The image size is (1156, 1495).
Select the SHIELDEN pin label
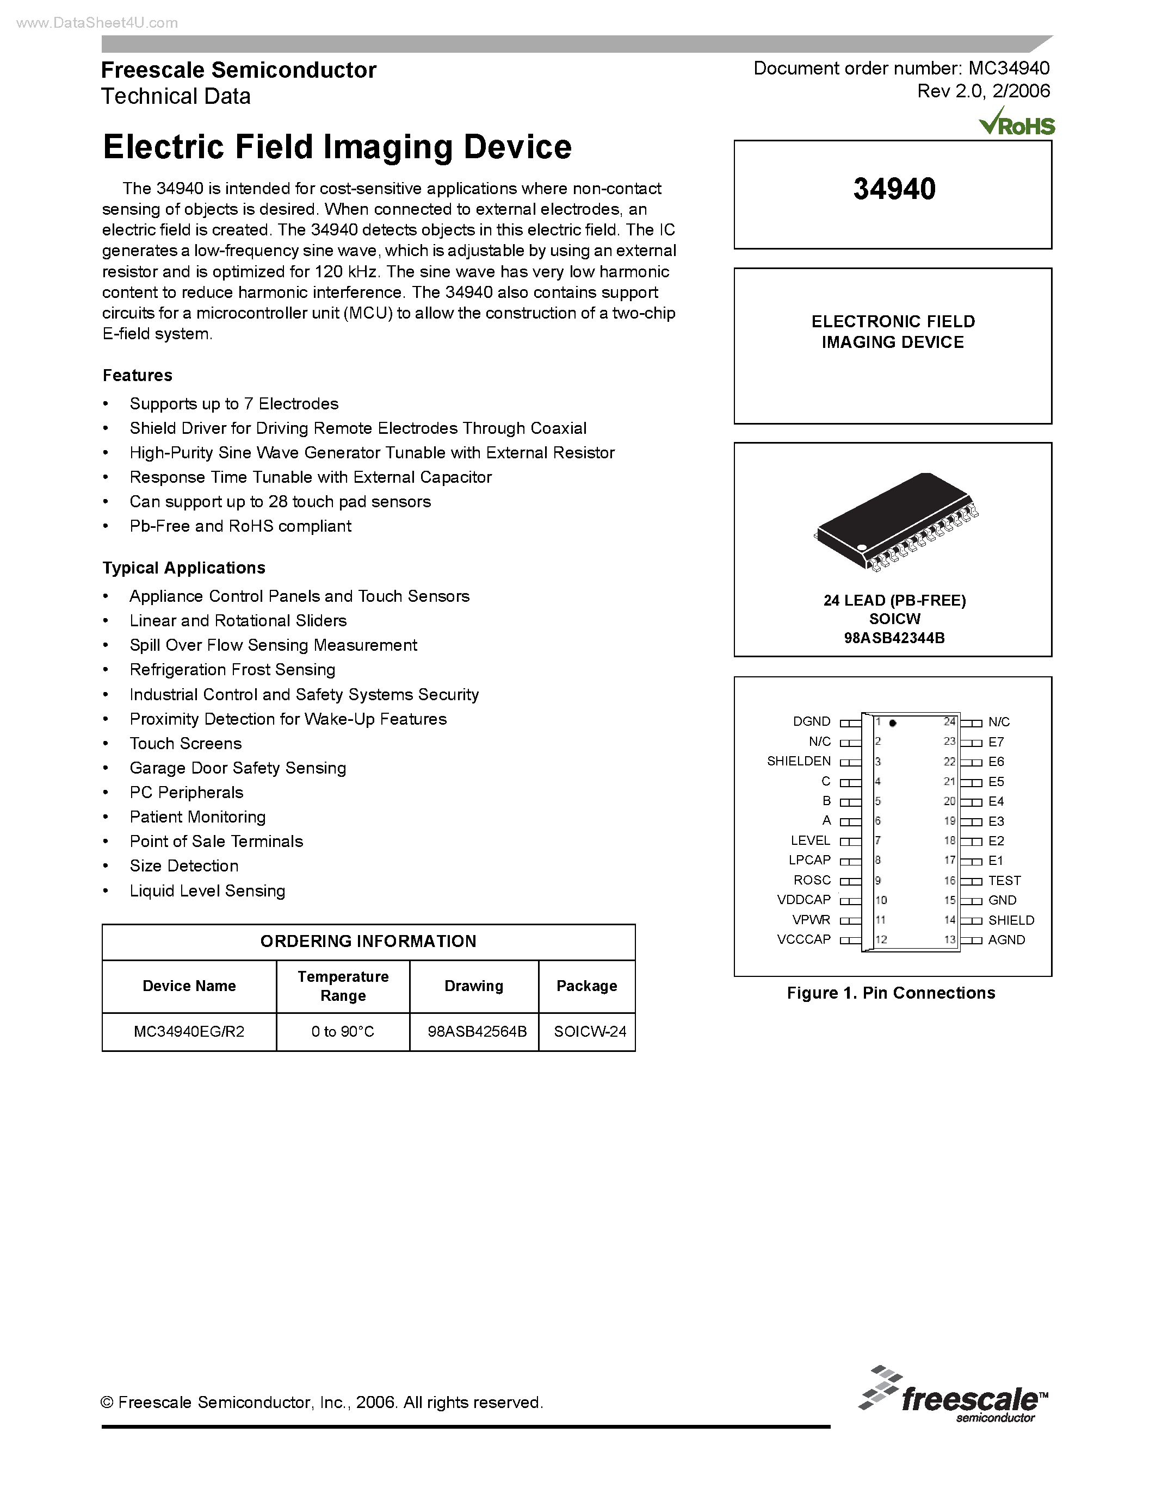[x=799, y=761]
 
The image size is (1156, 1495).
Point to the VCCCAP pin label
[x=803, y=939]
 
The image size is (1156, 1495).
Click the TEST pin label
[x=1004, y=880]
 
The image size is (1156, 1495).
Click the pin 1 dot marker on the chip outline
[x=892, y=723]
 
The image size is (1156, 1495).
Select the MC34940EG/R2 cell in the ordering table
[x=189, y=1032]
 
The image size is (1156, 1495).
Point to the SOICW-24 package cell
[x=590, y=1032]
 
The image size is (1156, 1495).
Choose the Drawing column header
[x=474, y=986]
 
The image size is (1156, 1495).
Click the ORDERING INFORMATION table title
[x=368, y=941]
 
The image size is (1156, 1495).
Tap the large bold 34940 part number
[x=894, y=189]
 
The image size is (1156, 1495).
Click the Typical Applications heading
[x=183, y=568]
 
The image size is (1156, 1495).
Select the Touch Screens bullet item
[x=186, y=743]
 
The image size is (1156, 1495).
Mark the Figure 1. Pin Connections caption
[x=891, y=993]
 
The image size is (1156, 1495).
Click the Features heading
[x=137, y=375]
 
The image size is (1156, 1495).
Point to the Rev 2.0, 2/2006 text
[x=983, y=91]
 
